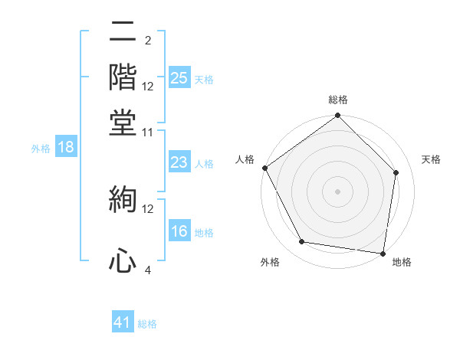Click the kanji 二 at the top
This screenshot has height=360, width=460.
click(123, 33)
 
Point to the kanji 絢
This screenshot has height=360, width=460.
click(123, 201)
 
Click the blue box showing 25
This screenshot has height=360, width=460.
click(179, 78)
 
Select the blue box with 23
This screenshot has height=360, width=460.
click(179, 162)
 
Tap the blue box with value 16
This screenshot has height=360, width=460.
click(179, 232)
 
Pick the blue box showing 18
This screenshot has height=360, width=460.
click(66, 148)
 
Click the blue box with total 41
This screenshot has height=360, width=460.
click(123, 322)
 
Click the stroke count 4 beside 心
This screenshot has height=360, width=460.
click(147, 270)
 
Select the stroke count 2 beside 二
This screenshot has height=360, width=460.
click(147, 40)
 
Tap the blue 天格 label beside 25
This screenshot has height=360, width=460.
click(204, 79)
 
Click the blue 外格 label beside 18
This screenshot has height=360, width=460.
click(41, 149)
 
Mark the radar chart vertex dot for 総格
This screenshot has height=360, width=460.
click(337, 116)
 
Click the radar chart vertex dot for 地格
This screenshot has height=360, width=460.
click(383, 253)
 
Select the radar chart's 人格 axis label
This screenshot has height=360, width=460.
click(245, 159)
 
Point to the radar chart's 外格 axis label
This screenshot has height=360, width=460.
click(270, 262)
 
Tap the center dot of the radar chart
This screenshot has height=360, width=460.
click(337, 191)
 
